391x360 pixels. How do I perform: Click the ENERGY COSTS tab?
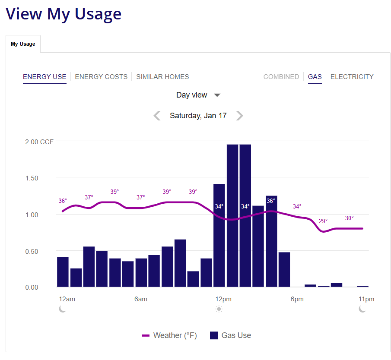click(101, 77)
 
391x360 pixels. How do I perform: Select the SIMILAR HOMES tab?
click(162, 77)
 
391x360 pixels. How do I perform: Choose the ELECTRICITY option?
click(352, 77)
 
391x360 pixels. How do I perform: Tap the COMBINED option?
click(281, 77)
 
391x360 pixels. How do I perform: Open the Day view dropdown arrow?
click(217, 95)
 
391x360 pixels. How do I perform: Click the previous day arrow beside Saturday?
click(157, 116)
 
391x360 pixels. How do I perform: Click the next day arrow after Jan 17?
click(239, 116)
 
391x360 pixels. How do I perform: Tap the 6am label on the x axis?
click(141, 299)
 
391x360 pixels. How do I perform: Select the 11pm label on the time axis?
click(366, 299)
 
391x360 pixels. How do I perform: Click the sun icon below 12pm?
click(219, 309)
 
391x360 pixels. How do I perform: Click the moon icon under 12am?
click(63, 309)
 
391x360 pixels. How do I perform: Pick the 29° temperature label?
click(323, 221)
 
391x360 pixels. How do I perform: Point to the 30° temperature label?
click(349, 218)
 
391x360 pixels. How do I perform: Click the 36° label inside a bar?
click(271, 201)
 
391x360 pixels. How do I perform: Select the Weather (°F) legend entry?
click(169, 335)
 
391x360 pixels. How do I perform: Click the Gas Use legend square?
click(213, 335)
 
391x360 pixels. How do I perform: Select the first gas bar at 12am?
click(63, 272)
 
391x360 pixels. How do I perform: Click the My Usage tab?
click(23, 44)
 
